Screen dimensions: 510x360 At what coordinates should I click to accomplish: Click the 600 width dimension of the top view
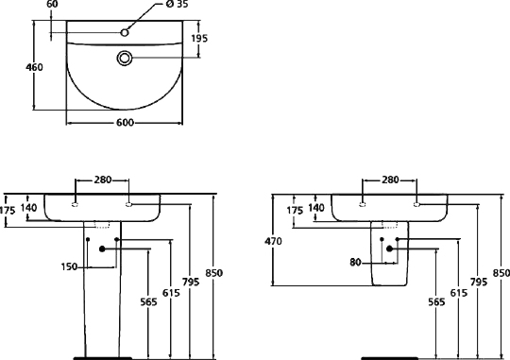tap(125, 123)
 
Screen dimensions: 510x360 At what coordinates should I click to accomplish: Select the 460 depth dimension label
tap(34, 67)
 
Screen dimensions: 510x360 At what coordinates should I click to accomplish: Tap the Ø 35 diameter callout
tap(177, 4)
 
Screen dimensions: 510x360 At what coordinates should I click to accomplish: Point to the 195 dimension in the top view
tap(199, 39)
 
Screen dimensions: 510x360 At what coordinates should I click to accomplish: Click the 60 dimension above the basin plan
tap(52, 4)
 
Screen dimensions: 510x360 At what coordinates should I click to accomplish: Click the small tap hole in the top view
tap(125, 32)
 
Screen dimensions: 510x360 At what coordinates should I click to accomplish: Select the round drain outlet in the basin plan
tap(125, 59)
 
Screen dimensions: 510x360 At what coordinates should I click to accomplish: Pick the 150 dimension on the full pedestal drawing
tap(69, 266)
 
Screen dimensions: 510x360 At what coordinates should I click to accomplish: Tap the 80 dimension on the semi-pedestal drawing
tap(355, 262)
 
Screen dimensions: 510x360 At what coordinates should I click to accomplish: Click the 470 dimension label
tap(273, 242)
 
